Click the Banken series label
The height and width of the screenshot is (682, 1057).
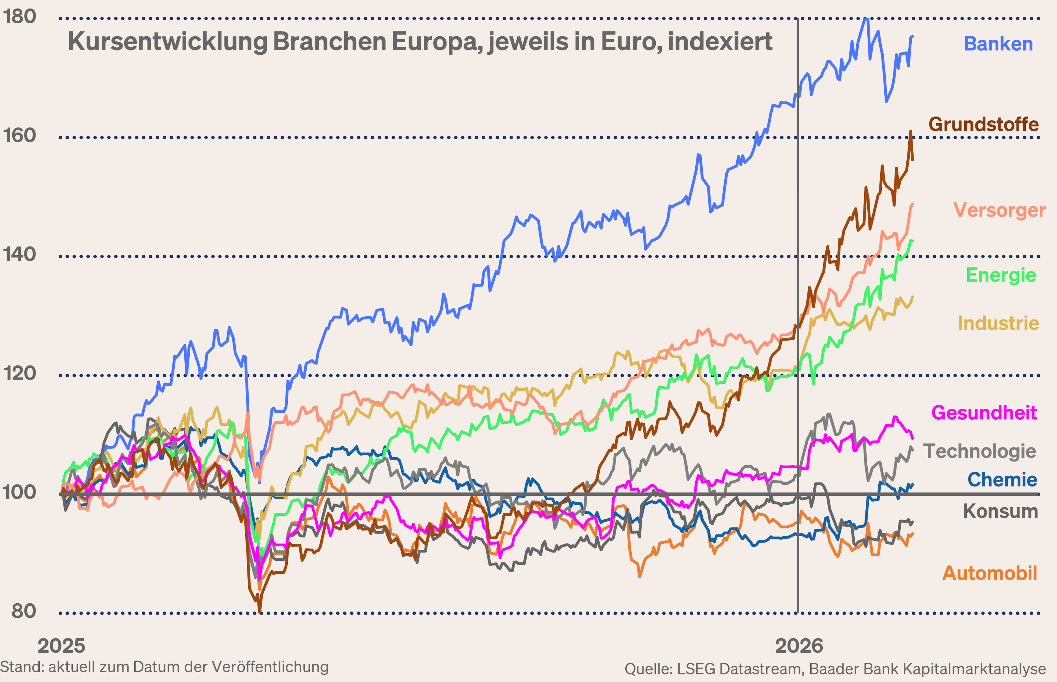pyautogui.click(x=998, y=44)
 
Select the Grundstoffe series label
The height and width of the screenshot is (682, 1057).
pyautogui.click(x=984, y=125)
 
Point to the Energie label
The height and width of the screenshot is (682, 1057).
pyautogui.click(x=1001, y=275)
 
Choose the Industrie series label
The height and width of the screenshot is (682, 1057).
pyautogui.click(x=998, y=323)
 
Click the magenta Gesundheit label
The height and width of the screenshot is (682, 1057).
pyautogui.click(x=984, y=413)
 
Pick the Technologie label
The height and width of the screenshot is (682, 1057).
pyautogui.click(x=979, y=451)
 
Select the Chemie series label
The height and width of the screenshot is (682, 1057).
pyautogui.click(x=1002, y=480)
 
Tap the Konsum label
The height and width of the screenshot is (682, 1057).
pyautogui.click(x=1000, y=512)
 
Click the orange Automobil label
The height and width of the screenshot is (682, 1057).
pyautogui.click(x=989, y=573)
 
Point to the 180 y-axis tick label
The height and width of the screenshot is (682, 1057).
pyautogui.click(x=20, y=17)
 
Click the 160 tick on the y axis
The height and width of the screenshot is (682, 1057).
pyautogui.click(x=20, y=136)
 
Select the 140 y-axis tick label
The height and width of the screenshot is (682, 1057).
pyautogui.click(x=20, y=255)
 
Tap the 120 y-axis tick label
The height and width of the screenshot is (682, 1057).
pyautogui.click(x=20, y=373)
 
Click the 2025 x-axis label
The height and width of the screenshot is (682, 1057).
pyautogui.click(x=61, y=646)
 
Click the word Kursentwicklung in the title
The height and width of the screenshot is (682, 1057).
pyautogui.click(x=168, y=42)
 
